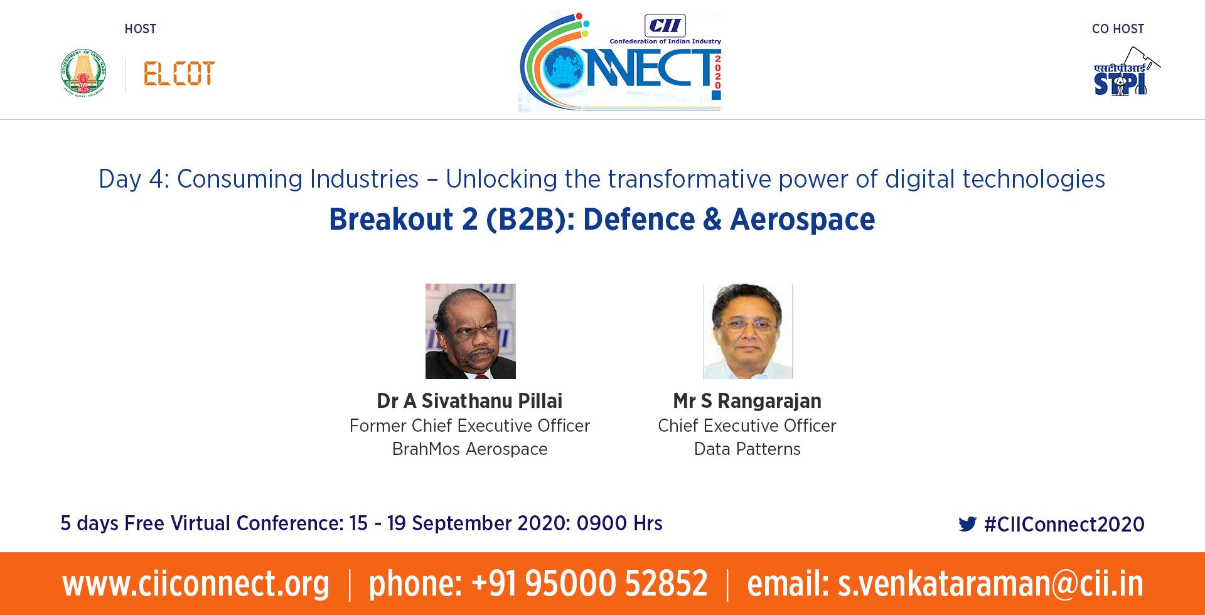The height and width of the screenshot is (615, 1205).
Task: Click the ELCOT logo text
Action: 179,73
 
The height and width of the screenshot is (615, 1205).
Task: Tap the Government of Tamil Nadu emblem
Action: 83,72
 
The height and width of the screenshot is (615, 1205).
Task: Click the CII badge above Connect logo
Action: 665,26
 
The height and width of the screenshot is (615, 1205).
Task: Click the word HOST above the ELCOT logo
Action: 141,29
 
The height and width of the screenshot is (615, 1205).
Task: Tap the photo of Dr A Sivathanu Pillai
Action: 471,331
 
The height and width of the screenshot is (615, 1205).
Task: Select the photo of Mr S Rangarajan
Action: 748,331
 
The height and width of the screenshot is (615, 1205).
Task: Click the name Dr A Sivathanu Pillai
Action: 469,400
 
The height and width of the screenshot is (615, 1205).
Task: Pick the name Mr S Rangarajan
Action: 747,400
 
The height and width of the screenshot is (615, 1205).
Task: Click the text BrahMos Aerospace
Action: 470,449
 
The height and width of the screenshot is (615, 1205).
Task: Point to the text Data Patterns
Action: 747,449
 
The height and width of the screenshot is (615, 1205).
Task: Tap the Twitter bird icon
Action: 968,524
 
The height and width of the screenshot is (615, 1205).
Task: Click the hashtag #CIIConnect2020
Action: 1064,524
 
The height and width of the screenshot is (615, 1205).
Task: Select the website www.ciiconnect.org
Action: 196,584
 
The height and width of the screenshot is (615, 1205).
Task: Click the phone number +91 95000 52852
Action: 589,584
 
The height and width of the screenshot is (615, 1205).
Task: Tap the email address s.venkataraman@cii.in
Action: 990,584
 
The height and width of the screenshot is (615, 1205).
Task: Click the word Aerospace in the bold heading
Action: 803,220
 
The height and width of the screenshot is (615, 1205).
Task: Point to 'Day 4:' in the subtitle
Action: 134,179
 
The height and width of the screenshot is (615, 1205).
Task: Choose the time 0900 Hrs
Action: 619,523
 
